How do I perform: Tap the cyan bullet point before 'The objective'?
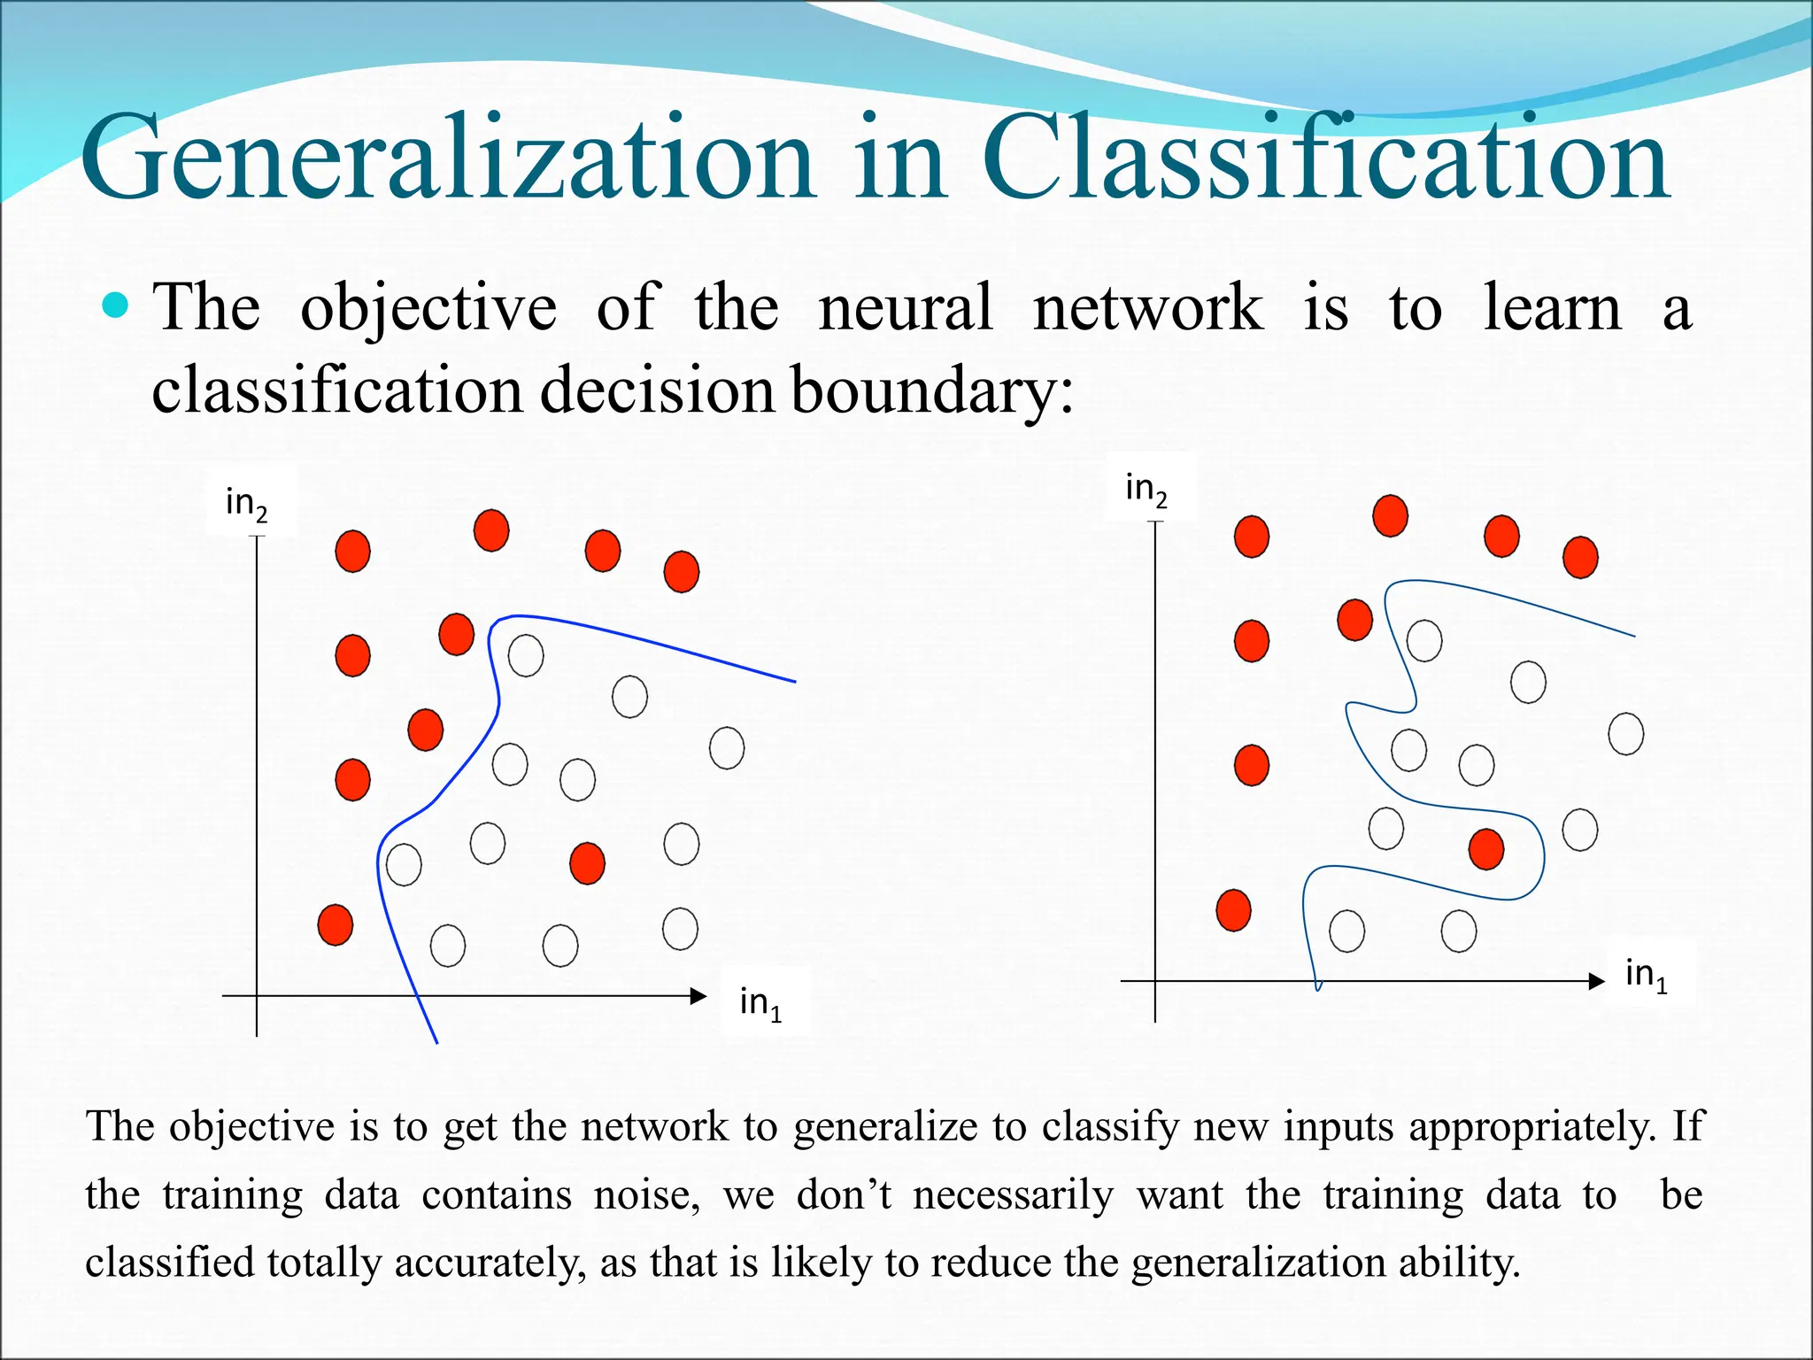[115, 306]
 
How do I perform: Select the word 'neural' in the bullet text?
[905, 308]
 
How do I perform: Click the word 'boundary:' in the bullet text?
[931, 390]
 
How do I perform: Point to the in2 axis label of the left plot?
[247, 503]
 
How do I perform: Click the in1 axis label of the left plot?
[761, 1003]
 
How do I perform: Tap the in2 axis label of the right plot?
[1146, 489]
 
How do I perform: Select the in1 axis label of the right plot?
[1647, 975]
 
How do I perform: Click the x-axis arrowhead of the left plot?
[698, 996]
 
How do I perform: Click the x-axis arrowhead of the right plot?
[1597, 981]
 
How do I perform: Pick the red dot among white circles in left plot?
[587, 863]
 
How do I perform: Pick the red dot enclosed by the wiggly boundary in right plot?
[1485, 849]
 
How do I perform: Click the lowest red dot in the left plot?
[336, 925]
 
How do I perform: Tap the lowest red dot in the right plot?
[1233, 910]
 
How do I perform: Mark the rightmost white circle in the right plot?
[1625, 734]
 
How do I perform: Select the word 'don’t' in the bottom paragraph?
[844, 1195]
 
